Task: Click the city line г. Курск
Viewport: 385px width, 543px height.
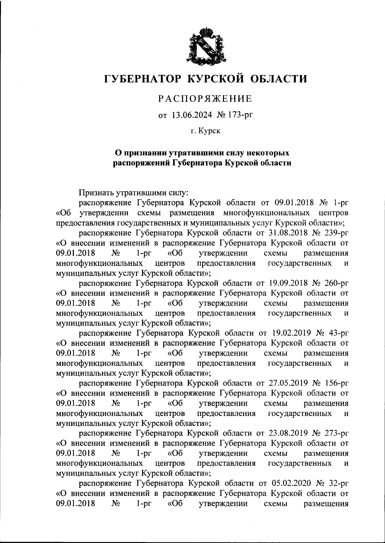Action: (x=205, y=131)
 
